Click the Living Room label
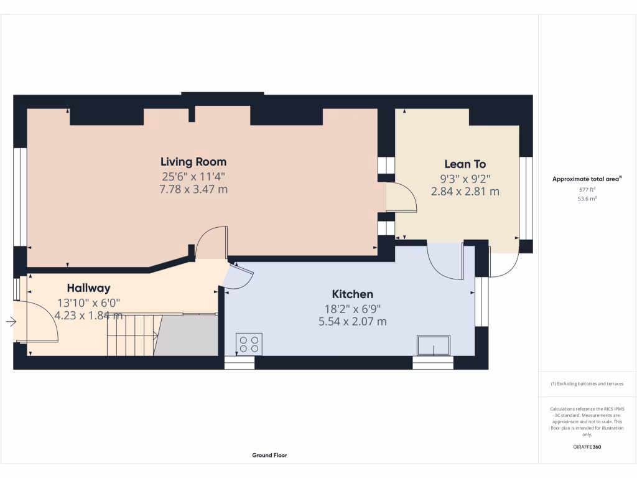(193, 162)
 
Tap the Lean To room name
(465, 164)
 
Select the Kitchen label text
(352, 294)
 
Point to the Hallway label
(88, 288)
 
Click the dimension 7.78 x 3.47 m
(193, 189)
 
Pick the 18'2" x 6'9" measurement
(352, 308)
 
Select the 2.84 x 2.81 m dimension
(465, 192)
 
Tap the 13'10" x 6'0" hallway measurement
(88, 302)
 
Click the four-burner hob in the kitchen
(249, 344)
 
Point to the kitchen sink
(433, 345)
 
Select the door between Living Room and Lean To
(400, 197)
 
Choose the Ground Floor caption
(269, 455)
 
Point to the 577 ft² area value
(587, 189)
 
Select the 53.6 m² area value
(587, 199)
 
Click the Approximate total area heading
(587, 179)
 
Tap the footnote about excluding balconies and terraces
(587, 384)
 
